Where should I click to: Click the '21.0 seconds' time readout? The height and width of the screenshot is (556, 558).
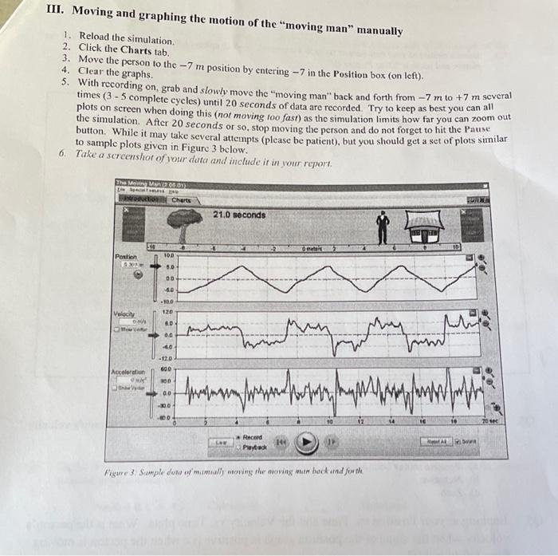[239, 215]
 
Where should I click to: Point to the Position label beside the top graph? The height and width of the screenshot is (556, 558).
[127, 256]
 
